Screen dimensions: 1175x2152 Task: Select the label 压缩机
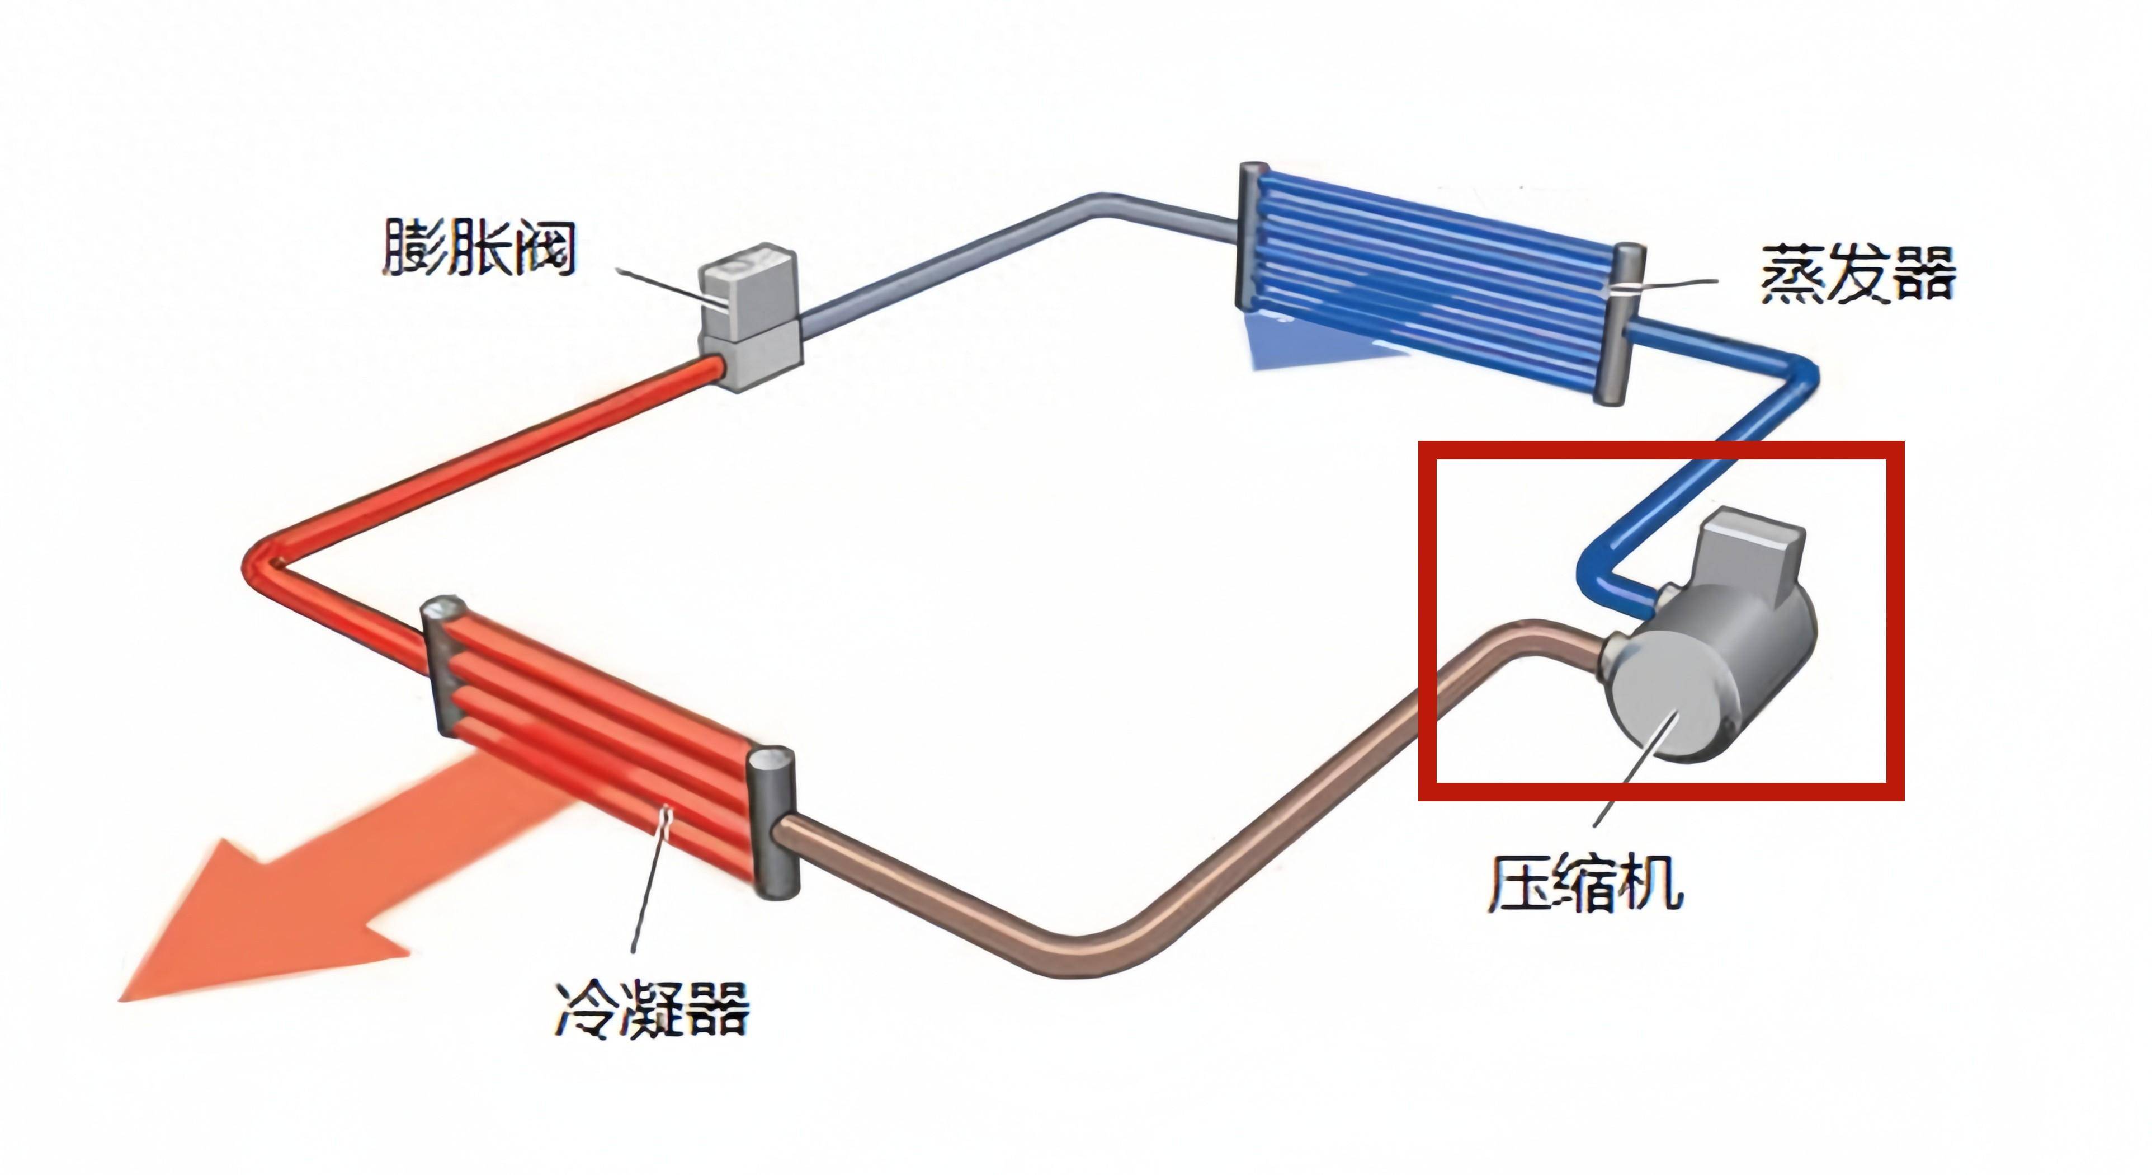(1584, 882)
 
